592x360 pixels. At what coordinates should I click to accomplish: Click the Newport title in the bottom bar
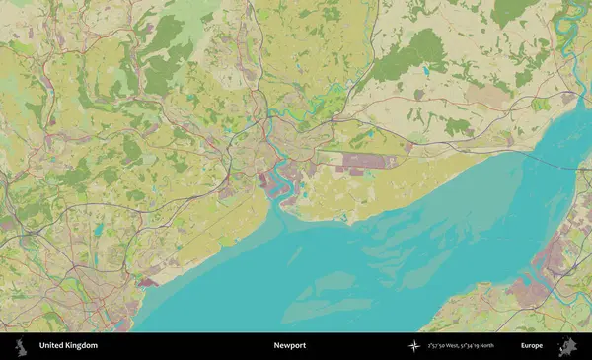tap(290, 346)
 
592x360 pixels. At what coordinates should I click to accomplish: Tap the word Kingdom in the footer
tap(81, 346)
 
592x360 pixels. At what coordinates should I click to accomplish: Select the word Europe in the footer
tap(532, 346)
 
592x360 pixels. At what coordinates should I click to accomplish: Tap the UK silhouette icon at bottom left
tap(20, 346)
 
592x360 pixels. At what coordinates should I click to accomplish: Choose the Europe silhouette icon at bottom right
tap(566, 346)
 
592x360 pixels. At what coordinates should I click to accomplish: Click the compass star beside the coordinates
tap(413, 346)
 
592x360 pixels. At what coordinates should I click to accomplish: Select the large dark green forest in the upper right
tap(409, 54)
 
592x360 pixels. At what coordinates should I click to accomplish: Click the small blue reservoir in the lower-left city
tap(98, 230)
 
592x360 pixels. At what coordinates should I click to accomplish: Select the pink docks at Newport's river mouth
tap(268, 183)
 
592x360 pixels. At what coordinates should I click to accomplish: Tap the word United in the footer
tap(51, 346)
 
